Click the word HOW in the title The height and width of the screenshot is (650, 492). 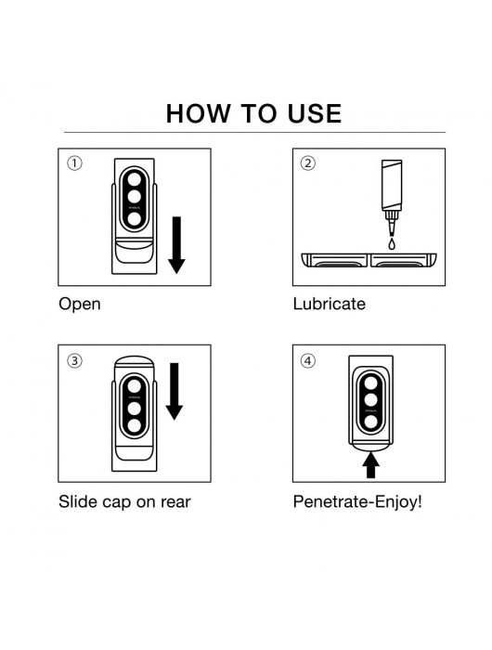click(198, 113)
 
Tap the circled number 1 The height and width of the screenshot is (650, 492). click(74, 162)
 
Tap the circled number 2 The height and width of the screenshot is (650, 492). click(307, 162)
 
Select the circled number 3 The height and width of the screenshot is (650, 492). click(74, 360)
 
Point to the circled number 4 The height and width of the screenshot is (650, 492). click(307, 360)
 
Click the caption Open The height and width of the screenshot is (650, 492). click(80, 305)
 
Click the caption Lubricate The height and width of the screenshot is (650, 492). click(330, 304)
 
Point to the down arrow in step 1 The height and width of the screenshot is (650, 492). click(176, 245)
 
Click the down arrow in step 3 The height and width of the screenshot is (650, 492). click(175, 391)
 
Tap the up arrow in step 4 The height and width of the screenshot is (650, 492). click(370, 464)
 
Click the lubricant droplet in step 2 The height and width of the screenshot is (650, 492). click(392, 243)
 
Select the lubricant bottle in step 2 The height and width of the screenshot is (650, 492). click(392, 198)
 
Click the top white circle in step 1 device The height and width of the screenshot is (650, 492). click(135, 179)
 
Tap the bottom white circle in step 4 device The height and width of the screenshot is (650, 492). click(370, 422)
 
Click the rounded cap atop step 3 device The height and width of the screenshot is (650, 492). click(135, 361)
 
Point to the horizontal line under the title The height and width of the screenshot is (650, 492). click(254, 132)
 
